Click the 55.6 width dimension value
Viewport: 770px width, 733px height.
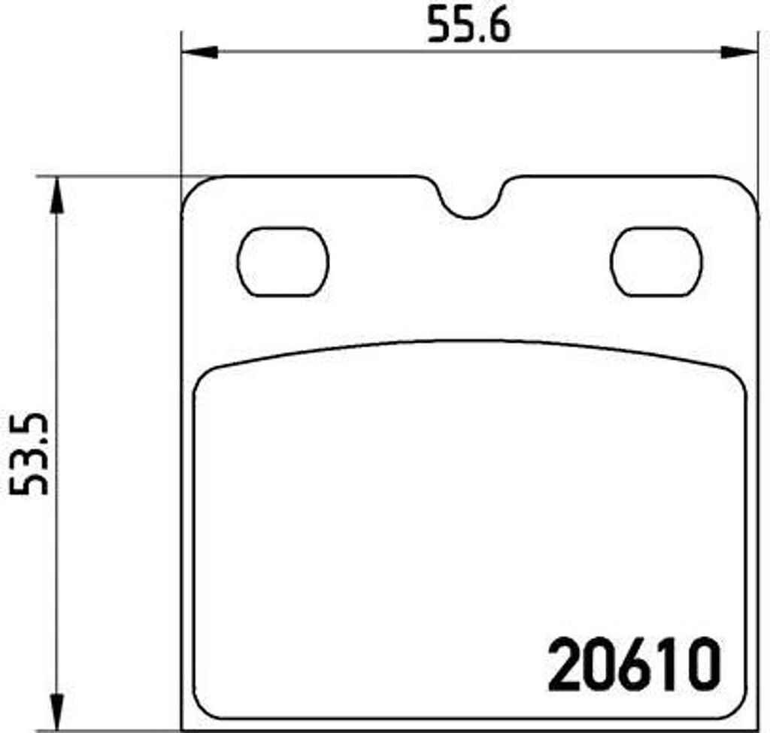468,26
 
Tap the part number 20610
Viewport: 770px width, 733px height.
634,665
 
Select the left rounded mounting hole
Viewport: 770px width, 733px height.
283,261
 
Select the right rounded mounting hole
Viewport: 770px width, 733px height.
656,261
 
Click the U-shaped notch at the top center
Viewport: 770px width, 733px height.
470,203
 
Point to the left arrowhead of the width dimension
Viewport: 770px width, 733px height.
199,52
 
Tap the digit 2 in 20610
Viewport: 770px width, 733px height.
568,665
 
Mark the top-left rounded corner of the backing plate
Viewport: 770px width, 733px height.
193,189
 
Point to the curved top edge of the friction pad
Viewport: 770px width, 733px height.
470,342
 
